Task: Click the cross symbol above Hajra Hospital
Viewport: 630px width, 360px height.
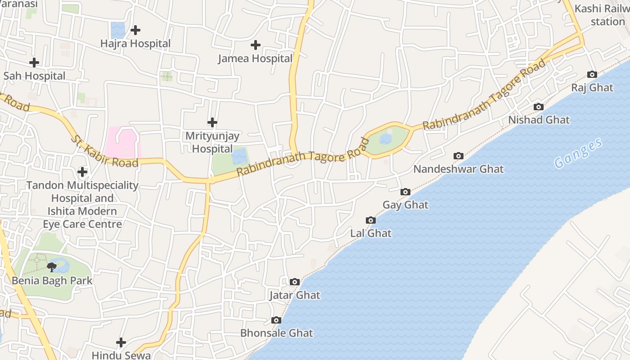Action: (x=135, y=30)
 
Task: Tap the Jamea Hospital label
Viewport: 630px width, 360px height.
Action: (x=255, y=58)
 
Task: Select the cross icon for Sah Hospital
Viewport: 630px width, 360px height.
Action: (x=34, y=63)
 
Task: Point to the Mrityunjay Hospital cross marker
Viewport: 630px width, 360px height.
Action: (x=212, y=122)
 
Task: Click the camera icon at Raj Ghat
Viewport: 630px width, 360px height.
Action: (x=592, y=75)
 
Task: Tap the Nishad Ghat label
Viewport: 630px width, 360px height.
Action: (x=539, y=120)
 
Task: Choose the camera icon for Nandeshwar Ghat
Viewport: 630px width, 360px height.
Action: (x=459, y=156)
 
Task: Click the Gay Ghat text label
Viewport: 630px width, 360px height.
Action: (x=405, y=205)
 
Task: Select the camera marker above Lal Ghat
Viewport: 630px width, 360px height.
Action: (x=371, y=220)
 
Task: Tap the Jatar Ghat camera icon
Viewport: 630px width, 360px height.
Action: (x=295, y=282)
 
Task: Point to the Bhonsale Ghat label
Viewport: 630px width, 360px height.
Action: (x=276, y=333)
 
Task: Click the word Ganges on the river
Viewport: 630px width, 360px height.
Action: (x=578, y=153)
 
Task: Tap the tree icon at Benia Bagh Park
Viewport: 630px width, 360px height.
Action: (x=52, y=267)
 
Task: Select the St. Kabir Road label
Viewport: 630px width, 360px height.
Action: (x=104, y=151)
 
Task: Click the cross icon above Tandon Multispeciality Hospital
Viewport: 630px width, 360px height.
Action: (x=82, y=172)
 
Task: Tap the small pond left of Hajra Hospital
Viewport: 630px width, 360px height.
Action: (x=118, y=30)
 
